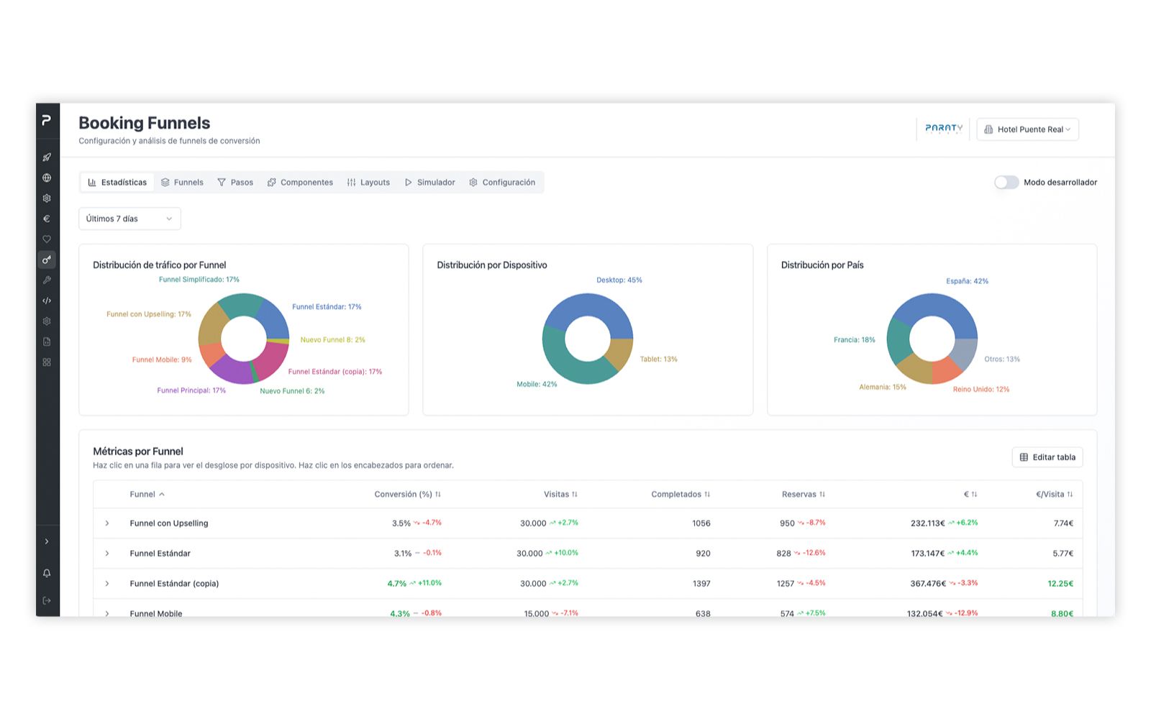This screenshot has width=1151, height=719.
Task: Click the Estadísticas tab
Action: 117,183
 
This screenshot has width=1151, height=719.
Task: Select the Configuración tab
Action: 502,183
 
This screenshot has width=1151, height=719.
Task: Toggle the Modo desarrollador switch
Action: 1006,183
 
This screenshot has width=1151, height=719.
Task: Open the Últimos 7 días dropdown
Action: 129,219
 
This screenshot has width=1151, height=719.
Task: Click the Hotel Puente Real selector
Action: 1027,129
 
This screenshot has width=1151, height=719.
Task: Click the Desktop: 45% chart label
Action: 619,280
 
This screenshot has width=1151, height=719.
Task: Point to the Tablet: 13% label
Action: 658,359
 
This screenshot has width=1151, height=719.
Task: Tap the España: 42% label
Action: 967,281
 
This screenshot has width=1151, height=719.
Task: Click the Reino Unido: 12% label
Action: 981,389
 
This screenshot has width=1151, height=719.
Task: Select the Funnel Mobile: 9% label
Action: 162,359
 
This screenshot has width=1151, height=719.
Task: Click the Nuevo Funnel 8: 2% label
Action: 332,339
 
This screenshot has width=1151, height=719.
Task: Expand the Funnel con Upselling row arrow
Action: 107,523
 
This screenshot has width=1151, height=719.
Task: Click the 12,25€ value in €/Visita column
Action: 1060,583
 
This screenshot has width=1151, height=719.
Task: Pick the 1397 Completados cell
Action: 701,583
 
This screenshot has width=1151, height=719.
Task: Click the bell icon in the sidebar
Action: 47,573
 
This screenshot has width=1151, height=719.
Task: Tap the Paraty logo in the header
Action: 943,129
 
